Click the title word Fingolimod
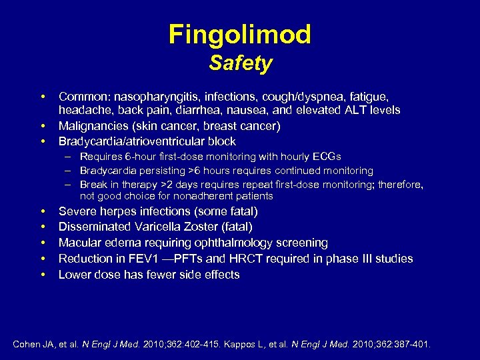[x=240, y=34]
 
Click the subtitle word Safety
[x=240, y=63]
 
